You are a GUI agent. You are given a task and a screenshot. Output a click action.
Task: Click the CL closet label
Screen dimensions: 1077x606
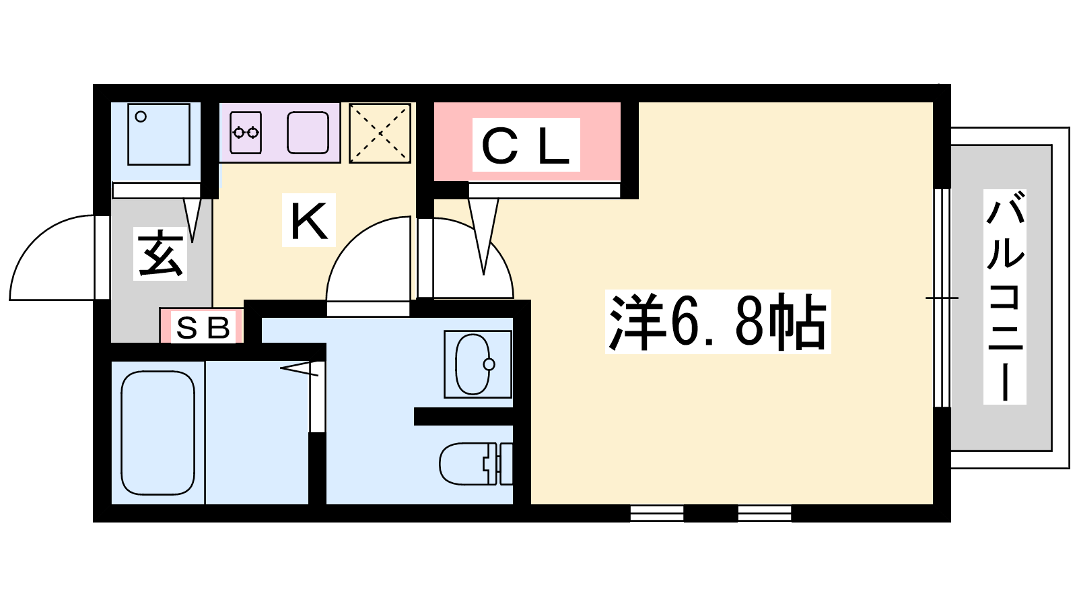(x=526, y=145)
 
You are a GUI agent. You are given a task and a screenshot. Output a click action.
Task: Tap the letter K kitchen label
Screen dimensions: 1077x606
(x=309, y=221)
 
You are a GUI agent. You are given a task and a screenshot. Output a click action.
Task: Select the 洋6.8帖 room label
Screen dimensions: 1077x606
(x=718, y=322)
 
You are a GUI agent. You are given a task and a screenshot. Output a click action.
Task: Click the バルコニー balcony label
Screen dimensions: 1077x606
(x=1004, y=296)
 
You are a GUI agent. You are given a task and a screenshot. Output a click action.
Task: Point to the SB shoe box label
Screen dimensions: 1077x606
(x=203, y=328)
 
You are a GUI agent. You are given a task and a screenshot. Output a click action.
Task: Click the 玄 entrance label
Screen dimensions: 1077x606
(x=160, y=254)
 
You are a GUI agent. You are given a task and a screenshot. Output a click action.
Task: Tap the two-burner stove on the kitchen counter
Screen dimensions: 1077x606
(x=246, y=132)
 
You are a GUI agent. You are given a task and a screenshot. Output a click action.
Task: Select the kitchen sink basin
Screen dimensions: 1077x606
(x=308, y=132)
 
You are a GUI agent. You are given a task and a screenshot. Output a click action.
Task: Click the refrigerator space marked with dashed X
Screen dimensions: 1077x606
(x=380, y=133)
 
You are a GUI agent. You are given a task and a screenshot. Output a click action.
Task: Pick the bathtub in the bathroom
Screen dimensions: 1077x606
(x=158, y=432)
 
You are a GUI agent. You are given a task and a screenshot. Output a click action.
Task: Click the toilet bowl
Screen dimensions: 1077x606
(x=464, y=464)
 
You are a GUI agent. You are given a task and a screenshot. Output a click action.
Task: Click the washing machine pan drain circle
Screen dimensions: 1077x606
(x=141, y=116)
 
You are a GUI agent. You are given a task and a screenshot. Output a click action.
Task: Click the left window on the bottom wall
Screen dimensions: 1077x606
(x=657, y=513)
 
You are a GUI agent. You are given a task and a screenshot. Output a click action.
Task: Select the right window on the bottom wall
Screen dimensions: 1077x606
(x=765, y=513)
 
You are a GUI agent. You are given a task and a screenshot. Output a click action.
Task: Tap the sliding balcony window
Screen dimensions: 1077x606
(x=942, y=298)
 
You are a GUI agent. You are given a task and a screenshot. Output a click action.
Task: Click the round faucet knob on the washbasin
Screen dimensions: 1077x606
(x=489, y=364)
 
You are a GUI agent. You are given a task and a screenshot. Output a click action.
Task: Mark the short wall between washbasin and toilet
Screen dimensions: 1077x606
(x=464, y=417)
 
